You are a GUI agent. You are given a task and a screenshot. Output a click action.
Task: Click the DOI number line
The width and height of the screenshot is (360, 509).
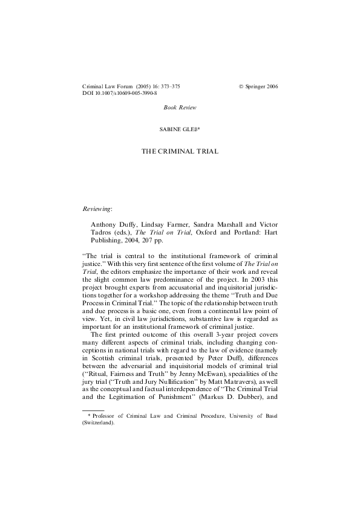[x=119, y=94]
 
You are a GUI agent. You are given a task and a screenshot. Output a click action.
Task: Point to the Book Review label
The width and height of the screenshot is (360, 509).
[x=180, y=107]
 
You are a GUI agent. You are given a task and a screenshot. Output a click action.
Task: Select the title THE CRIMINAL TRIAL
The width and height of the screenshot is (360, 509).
[x=180, y=151]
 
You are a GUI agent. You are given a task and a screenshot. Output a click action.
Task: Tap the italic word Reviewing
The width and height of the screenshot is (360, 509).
[x=97, y=209]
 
